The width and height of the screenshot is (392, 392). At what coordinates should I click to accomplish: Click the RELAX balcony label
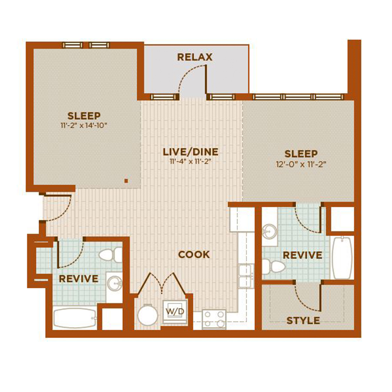195,57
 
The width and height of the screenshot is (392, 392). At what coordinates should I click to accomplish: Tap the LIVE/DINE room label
190,152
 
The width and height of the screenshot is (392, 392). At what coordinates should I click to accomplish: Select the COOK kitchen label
194,254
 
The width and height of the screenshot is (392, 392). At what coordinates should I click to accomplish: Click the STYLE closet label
303,321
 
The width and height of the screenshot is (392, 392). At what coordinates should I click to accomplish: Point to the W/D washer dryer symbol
175,312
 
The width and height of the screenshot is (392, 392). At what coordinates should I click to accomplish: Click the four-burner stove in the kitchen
214,319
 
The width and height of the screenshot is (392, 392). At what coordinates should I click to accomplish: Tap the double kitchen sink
246,276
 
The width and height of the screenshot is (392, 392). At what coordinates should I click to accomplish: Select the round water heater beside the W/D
148,315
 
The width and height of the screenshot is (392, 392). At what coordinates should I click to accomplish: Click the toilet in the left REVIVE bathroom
111,255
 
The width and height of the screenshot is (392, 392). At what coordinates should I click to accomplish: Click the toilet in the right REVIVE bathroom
273,267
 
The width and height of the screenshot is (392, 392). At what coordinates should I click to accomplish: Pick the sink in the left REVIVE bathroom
115,284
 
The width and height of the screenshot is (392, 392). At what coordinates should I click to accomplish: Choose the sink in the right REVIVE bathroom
270,232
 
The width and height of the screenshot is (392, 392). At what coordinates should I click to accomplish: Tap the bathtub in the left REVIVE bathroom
75,318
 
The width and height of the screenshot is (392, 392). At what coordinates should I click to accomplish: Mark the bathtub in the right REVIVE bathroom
342,257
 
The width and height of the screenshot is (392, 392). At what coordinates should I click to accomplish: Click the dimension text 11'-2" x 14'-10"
84,125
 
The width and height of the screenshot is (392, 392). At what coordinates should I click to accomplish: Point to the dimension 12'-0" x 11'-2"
301,164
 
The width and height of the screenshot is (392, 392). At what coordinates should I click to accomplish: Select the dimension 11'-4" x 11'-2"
191,161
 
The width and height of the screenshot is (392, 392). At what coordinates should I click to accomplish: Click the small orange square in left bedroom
126,181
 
